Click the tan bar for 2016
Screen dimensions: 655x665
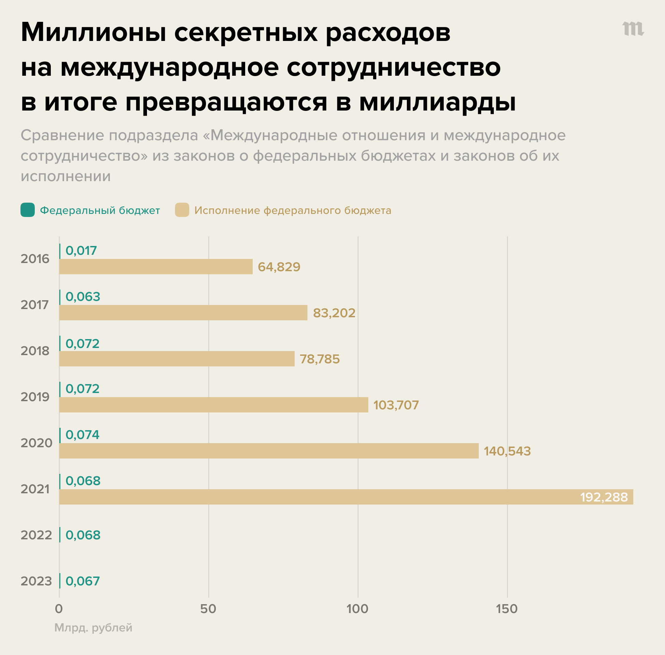coord(156,267)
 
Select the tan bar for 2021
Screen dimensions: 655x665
coord(346,497)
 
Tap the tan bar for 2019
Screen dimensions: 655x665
coord(213,405)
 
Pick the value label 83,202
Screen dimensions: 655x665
coord(334,313)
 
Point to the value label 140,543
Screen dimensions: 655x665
coord(507,451)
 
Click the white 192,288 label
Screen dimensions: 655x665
coord(604,497)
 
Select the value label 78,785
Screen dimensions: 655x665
coord(320,359)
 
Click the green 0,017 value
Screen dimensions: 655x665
coord(81,251)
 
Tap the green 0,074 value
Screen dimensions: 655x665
coord(82,435)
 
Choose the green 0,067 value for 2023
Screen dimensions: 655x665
coord(83,581)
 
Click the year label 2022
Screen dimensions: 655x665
coord(36,535)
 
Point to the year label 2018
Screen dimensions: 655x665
coord(35,351)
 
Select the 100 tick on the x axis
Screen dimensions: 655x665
coord(357,609)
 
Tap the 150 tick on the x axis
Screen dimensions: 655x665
coord(506,609)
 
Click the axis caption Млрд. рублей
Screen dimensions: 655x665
coord(93,628)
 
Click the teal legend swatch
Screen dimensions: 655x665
coord(28,210)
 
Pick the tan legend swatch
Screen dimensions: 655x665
coord(182,210)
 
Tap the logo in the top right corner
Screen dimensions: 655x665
coord(633,29)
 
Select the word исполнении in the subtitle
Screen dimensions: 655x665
coord(66,176)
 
